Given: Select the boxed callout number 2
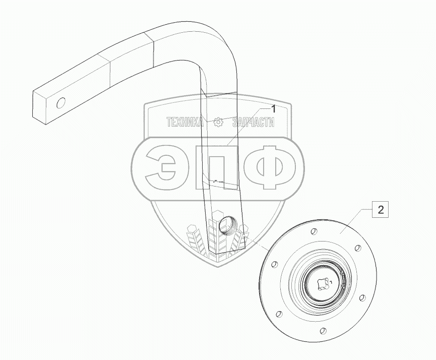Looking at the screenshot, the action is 381,210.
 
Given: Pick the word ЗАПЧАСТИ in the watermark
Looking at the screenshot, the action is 253,122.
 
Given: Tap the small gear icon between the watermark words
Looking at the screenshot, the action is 218,122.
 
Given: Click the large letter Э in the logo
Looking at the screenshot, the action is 162,168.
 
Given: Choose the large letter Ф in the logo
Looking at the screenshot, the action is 273,168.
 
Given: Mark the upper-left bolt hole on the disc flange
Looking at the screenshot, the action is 275,264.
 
